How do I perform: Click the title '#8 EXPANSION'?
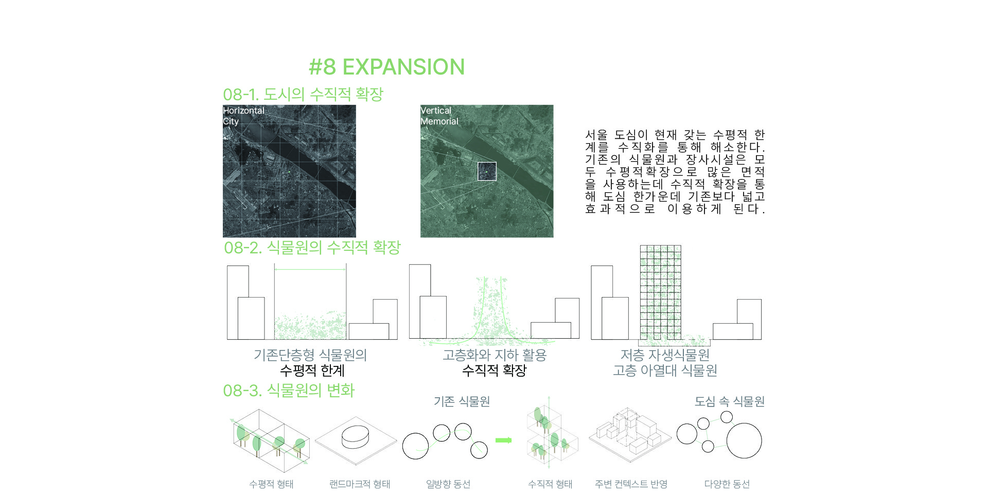pyautogui.click(x=386, y=67)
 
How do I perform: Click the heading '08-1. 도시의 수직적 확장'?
pyautogui.click(x=303, y=94)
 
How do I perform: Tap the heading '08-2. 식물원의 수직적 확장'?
pyautogui.click(x=312, y=247)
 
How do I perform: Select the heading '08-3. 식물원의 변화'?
pyautogui.click(x=289, y=390)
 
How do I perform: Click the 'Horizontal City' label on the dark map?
pyautogui.click(x=243, y=116)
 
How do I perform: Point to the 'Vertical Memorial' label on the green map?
pyautogui.click(x=439, y=116)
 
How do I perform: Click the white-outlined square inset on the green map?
pyautogui.click(x=487, y=172)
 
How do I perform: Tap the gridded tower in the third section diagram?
pyautogui.click(x=660, y=292)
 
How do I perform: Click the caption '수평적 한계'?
pyautogui.click(x=312, y=370)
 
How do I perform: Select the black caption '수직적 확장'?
pyautogui.click(x=495, y=370)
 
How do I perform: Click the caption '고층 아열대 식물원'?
pyautogui.click(x=665, y=370)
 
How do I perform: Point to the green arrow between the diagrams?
pyautogui.click(x=504, y=440)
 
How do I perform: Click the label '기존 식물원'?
pyautogui.click(x=462, y=401)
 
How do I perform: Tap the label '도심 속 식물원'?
pyautogui.click(x=729, y=401)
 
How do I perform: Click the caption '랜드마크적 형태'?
pyautogui.click(x=360, y=484)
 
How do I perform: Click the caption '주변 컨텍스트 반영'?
pyautogui.click(x=631, y=484)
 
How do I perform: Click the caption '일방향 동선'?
pyautogui.click(x=448, y=484)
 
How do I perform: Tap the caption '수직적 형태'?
pyautogui.click(x=550, y=484)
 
